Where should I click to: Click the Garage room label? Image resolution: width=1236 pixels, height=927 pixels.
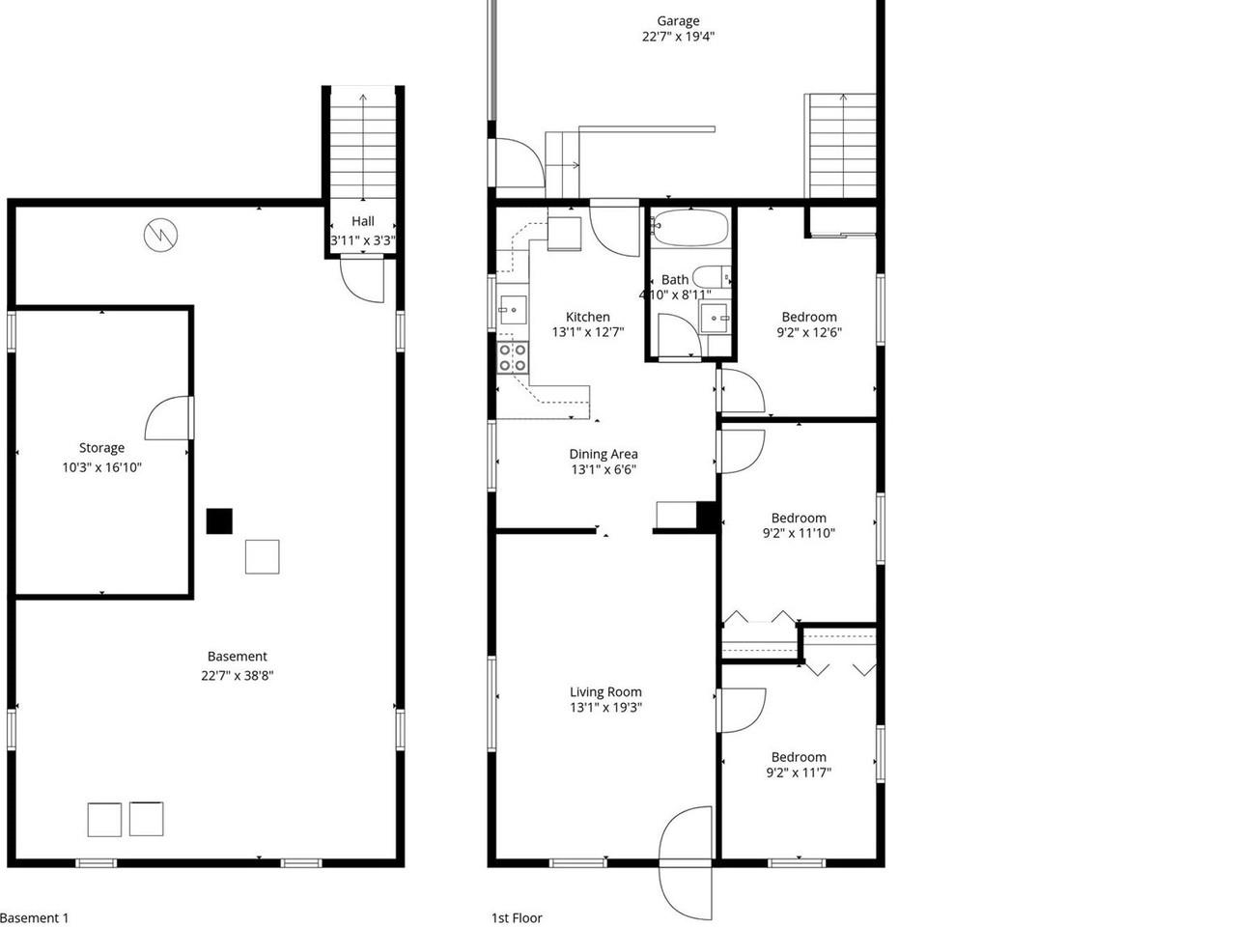tap(678, 21)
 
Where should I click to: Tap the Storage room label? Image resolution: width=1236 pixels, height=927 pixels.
tap(101, 448)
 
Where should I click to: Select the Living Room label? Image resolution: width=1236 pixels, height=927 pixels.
tap(605, 691)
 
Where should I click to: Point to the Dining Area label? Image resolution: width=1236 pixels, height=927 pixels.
tap(604, 454)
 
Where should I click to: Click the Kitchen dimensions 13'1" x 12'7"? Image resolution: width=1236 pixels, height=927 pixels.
tap(588, 332)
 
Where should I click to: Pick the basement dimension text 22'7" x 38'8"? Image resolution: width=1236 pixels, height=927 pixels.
tap(238, 676)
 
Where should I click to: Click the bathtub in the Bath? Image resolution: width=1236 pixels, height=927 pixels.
tap(688, 229)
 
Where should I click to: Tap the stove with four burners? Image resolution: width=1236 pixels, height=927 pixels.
tap(512, 357)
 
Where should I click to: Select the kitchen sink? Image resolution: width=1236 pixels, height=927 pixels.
tap(512, 310)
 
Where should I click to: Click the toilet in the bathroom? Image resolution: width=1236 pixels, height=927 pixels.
tap(715, 276)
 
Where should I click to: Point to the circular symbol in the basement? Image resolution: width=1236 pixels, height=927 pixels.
tap(160, 235)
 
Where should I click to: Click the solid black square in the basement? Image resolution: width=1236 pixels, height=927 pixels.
tap(220, 521)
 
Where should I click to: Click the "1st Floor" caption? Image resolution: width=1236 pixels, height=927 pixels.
tap(518, 918)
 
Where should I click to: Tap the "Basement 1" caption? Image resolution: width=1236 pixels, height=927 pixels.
tap(35, 918)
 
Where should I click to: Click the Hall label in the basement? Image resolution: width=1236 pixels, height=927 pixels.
tap(363, 221)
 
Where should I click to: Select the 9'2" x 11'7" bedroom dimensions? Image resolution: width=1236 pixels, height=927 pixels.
tap(799, 772)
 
